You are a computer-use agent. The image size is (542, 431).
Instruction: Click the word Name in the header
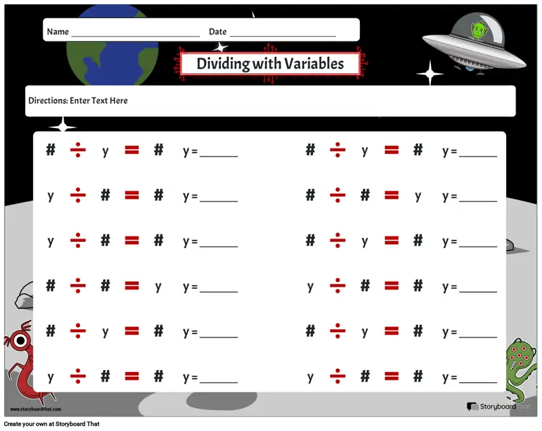tap(58, 32)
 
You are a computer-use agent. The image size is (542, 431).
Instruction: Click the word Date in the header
tap(217, 32)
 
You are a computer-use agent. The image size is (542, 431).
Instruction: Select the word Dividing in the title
tap(224, 64)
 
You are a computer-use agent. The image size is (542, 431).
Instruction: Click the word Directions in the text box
tap(48, 100)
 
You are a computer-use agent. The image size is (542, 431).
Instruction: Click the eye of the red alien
tap(20, 341)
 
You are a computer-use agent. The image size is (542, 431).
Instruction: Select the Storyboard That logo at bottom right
tap(499, 407)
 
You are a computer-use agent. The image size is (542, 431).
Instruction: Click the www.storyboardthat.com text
tap(36, 409)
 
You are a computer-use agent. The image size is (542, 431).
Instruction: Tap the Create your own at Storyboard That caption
tap(52, 424)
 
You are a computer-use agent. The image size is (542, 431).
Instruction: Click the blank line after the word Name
tap(135, 37)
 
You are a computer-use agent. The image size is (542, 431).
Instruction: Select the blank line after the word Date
tap(283, 36)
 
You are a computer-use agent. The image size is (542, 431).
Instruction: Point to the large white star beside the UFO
tap(430, 73)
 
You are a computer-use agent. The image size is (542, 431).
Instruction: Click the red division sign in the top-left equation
tap(78, 150)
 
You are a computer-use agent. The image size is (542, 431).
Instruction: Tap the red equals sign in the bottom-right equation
tap(392, 376)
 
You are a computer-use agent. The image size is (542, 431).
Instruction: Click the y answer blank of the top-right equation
tap(478, 157)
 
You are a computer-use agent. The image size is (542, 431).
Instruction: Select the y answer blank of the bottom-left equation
tap(219, 383)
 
